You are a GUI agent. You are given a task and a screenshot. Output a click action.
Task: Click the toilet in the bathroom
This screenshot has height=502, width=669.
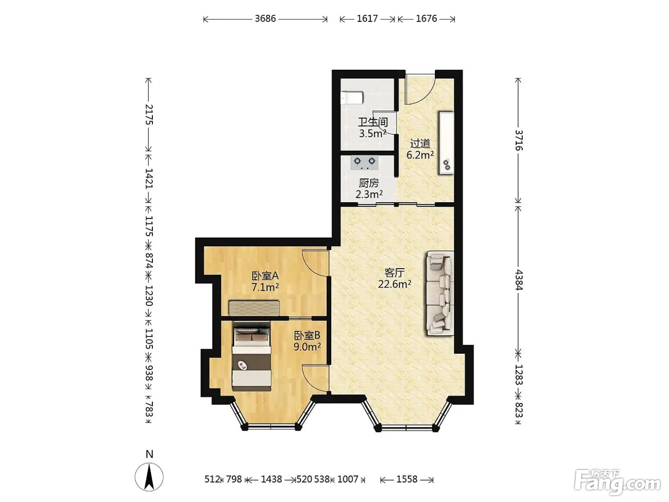coord(352,98)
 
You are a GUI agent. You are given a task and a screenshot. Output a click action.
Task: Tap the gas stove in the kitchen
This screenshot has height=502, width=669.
coord(365,163)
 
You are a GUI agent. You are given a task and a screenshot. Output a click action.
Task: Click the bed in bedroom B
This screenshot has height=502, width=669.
coord(251,356)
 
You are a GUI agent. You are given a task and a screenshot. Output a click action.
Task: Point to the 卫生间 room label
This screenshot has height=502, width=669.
coord(373,122)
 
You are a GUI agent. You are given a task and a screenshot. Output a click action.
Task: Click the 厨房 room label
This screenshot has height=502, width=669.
coord(369,183)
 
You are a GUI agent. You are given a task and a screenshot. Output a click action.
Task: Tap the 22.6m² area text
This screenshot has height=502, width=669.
coord(395,284)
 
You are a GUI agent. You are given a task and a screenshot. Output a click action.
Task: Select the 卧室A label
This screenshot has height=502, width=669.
coord(265,276)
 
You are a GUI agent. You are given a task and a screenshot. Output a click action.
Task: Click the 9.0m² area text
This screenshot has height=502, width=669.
coord(307,347)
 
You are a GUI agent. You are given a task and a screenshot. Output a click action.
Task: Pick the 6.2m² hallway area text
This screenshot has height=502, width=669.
coord(421,155)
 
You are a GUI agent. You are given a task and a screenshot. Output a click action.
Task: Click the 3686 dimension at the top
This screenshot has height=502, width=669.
coord(265,19)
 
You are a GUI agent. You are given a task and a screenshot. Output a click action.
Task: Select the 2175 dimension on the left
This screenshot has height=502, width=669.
coord(149,115)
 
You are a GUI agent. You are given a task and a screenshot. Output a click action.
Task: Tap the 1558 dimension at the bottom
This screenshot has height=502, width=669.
coord(407,479)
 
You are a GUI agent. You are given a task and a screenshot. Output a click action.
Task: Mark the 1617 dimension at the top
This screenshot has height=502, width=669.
coord(367,19)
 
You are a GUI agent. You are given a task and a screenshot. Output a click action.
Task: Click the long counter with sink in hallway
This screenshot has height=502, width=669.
coord(446,143)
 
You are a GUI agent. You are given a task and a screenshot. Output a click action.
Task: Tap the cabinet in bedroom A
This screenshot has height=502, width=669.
coord(255,308)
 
